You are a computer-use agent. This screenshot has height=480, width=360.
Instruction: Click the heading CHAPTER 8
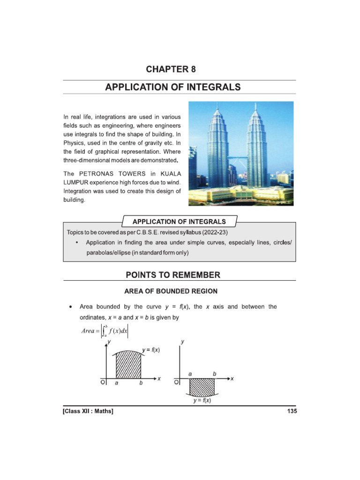[x=171, y=69]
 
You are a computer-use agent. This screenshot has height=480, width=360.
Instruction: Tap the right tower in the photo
[x=257, y=141]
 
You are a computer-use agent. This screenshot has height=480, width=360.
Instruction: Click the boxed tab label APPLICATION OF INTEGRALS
[x=180, y=221]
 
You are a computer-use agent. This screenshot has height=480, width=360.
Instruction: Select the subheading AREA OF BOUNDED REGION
[x=171, y=291]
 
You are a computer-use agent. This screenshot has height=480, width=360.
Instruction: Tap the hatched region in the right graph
[x=202, y=387]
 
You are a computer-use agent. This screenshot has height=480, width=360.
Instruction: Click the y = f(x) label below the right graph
[x=202, y=401]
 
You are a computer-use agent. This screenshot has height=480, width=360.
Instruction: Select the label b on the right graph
[x=215, y=374]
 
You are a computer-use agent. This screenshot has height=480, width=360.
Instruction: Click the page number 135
[x=291, y=411]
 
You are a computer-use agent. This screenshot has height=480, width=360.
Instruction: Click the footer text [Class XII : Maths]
[x=89, y=411]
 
